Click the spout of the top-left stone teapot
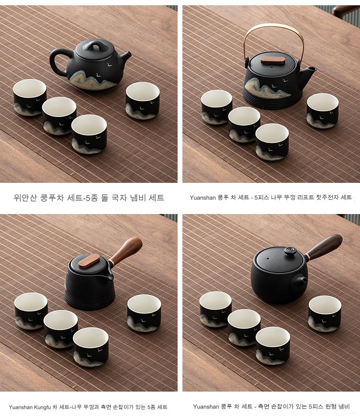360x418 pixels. tap(125, 57)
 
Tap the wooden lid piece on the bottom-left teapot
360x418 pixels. tap(89, 261)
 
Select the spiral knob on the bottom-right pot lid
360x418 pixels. tap(289, 251)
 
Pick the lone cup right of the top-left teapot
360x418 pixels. tap(143, 100)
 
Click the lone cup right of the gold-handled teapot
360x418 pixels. tap(323, 110)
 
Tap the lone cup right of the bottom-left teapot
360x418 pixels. tap(144, 313)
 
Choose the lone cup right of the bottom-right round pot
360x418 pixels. tap(325, 313)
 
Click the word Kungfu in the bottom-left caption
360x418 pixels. tap(42, 407)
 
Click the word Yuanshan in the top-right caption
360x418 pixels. tap(203, 198)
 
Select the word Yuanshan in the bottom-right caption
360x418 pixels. tap(206, 406)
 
